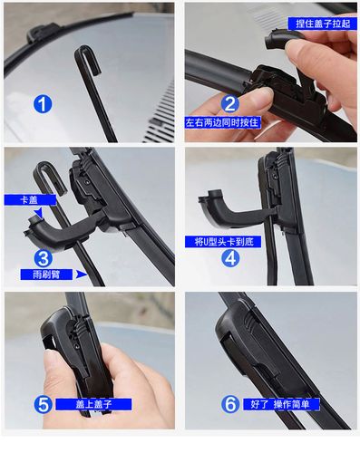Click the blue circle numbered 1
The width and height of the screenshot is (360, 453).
click(x=43, y=104)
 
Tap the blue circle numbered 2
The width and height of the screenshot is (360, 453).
click(x=230, y=103)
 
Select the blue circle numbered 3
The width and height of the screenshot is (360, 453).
click(x=44, y=258)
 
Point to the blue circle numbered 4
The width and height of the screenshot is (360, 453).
click(x=230, y=258)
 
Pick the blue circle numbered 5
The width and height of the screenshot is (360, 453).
click(x=43, y=404)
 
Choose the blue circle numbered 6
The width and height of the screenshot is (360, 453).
click(x=230, y=404)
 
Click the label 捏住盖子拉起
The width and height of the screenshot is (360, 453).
click(x=323, y=24)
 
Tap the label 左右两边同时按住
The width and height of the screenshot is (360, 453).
click(x=222, y=122)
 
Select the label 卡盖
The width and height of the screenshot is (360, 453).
click(x=30, y=200)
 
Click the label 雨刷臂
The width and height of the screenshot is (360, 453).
click(x=46, y=275)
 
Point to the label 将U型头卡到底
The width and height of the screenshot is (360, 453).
click(x=223, y=242)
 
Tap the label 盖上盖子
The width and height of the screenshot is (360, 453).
click(x=93, y=404)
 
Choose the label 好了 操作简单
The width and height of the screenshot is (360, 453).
click(x=281, y=404)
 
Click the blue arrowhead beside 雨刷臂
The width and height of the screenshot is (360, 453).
click(x=82, y=275)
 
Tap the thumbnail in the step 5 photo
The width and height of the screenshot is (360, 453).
click(x=52, y=361)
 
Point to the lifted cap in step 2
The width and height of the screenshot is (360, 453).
click(x=278, y=38)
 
